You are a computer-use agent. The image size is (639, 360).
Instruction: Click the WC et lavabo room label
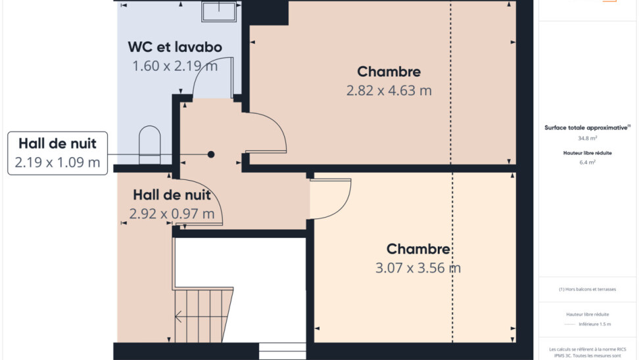(x=175, y=47)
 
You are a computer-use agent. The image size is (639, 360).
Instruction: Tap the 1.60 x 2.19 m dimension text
(x=175, y=66)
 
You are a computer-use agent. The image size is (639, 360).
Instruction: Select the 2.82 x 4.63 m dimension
(x=389, y=91)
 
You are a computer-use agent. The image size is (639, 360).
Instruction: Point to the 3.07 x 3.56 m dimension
(x=417, y=268)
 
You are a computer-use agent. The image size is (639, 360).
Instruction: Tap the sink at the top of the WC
(x=219, y=11)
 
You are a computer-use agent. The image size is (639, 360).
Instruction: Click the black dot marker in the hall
(x=210, y=154)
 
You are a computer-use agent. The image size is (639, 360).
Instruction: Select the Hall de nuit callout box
(x=57, y=153)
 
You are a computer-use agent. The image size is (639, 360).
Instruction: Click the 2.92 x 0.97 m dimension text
(x=172, y=214)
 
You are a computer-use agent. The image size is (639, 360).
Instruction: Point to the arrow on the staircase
(x=179, y=316)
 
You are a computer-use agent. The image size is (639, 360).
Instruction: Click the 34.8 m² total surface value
(x=587, y=138)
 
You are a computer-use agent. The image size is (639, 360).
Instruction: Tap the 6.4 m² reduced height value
(x=587, y=162)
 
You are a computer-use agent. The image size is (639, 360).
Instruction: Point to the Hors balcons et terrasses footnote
(x=587, y=289)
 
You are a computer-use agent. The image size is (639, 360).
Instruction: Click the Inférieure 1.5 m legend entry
(x=594, y=324)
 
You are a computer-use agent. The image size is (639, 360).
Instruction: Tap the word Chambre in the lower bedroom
(x=418, y=249)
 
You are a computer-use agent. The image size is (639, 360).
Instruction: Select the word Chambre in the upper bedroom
(x=389, y=72)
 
